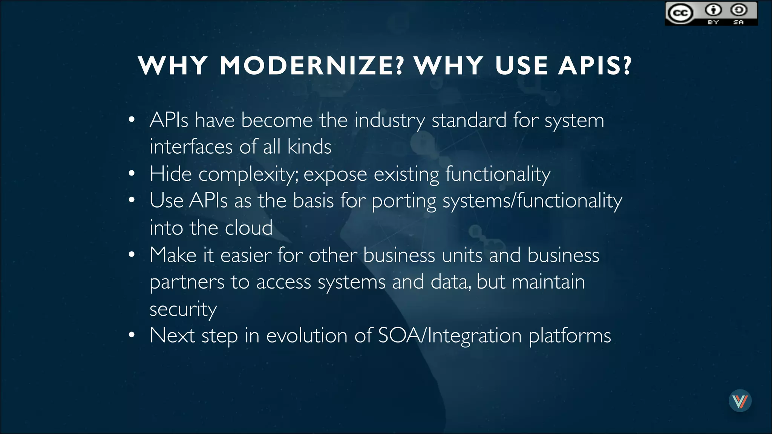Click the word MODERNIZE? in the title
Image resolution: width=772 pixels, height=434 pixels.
click(312, 66)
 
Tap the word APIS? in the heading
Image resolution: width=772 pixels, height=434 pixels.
click(595, 66)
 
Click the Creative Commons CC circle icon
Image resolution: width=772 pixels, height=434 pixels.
click(680, 14)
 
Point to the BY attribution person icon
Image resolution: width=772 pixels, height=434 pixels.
click(713, 10)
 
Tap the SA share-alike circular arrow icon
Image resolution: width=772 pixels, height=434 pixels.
click(738, 10)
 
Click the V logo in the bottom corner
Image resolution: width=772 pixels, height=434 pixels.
click(740, 401)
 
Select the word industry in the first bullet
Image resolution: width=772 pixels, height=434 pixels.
click(390, 121)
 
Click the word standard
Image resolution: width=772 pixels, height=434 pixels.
click(469, 120)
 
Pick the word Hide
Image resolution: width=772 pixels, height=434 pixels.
click(170, 174)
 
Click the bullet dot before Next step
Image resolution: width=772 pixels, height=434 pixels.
click(132, 335)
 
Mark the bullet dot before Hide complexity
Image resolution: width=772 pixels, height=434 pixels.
click(132, 173)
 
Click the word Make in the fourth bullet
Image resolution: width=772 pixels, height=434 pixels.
click(173, 255)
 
